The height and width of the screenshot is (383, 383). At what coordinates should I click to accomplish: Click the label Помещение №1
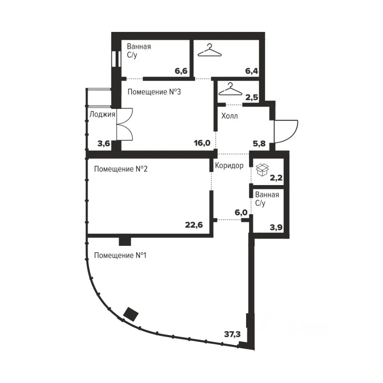pyautogui.click(x=120, y=255)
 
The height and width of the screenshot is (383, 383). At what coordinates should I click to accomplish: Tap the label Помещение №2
pyautogui.click(x=120, y=169)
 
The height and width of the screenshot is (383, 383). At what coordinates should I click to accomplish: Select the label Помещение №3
pyautogui.click(x=154, y=92)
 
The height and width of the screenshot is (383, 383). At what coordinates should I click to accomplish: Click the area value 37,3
pyautogui.click(x=232, y=334)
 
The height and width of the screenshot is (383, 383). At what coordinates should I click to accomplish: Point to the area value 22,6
pyautogui.click(x=194, y=225)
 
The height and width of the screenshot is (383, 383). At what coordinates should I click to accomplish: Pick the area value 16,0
pyautogui.click(x=202, y=143)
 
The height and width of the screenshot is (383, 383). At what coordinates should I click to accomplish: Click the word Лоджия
pyautogui.click(x=102, y=115)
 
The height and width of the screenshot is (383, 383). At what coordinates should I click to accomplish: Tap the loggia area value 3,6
pyautogui.click(x=104, y=143)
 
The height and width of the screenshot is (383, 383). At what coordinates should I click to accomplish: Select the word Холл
pyautogui.click(x=230, y=116)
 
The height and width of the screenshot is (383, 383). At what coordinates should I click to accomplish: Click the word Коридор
pyautogui.click(x=229, y=166)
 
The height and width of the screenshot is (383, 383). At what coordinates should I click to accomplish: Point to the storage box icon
pyautogui.click(x=262, y=170)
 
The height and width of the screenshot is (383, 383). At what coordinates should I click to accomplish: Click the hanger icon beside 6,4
pyautogui.click(x=209, y=50)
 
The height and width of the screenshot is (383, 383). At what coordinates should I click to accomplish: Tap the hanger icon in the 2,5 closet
pyautogui.click(x=230, y=89)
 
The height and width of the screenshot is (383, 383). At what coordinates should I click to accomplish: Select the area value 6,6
pyautogui.click(x=181, y=71)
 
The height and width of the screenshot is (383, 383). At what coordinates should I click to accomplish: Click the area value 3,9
pyautogui.click(x=276, y=227)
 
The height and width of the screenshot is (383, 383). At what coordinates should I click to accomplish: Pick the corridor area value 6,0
pyautogui.click(x=241, y=213)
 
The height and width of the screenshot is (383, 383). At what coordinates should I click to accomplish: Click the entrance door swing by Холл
pyautogui.click(x=286, y=131)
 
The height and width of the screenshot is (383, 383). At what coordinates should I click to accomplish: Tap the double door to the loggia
pyautogui.click(x=124, y=124)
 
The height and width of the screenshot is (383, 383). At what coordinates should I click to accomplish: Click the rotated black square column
pyautogui.click(x=131, y=314)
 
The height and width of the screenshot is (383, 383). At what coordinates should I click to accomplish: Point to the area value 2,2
pyautogui.click(x=276, y=178)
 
